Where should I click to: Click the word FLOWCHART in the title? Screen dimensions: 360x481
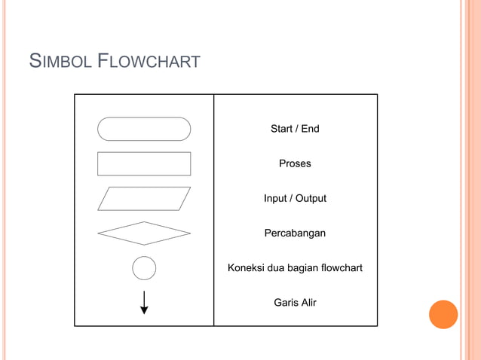click(150, 60)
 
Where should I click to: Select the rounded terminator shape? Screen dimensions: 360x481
click(144, 129)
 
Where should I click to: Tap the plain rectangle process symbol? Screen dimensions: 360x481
click(144, 163)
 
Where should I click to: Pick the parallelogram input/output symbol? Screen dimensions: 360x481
click(144, 199)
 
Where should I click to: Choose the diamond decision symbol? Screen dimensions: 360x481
click(144, 233)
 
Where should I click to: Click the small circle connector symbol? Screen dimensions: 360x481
click(144, 268)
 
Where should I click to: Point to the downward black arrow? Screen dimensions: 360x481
click(144, 301)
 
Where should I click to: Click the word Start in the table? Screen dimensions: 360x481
click(281, 129)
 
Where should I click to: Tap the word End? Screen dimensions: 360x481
click(310, 129)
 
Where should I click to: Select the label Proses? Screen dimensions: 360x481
click(295, 163)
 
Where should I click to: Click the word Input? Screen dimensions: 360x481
click(275, 199)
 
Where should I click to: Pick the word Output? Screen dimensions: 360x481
click(311, 199)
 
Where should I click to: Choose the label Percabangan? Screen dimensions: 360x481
click(295, 233)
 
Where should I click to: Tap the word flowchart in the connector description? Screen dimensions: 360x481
click(342, 268)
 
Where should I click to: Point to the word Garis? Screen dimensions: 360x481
click(286, 303)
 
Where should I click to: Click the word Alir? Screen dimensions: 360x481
click(309, 303)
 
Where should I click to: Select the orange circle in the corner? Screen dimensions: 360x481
click(443, 314)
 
